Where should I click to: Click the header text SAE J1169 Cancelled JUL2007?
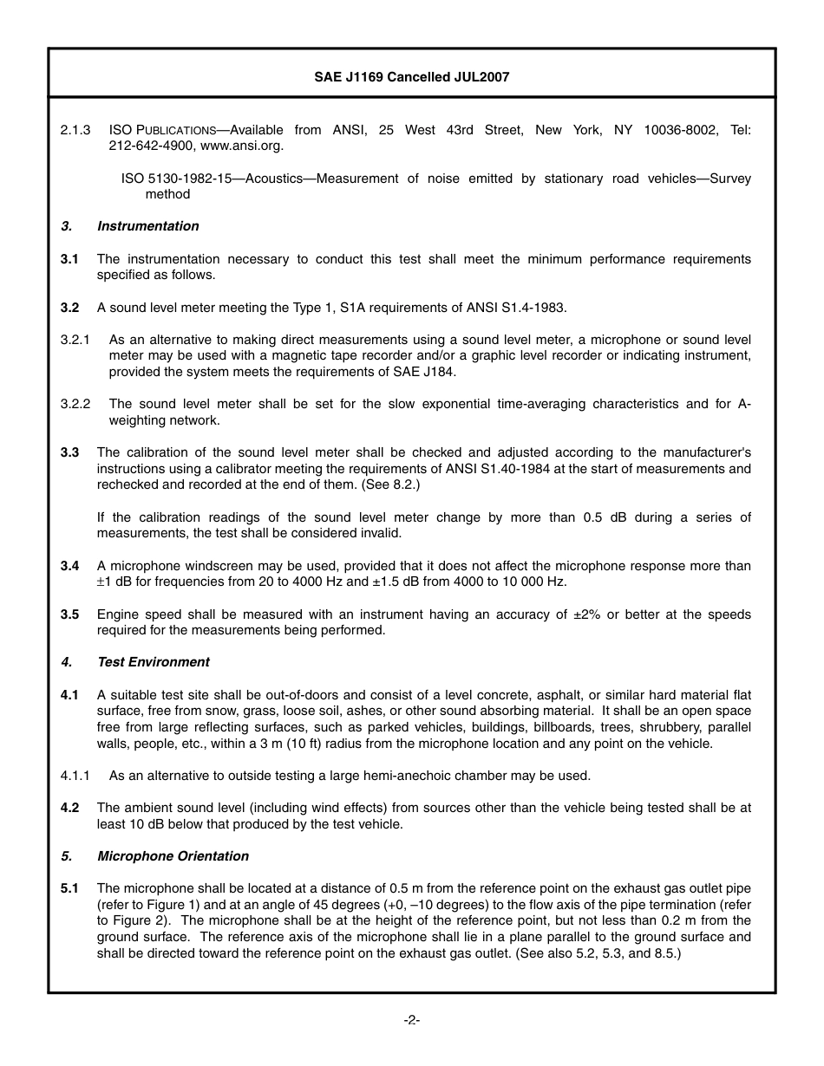411,77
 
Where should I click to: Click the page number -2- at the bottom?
412,1020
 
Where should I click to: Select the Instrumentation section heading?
147,226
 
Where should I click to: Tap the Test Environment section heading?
153,662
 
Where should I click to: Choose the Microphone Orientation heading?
173,856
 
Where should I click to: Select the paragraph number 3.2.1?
75,340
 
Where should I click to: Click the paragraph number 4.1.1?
75,776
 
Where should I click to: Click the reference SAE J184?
425,372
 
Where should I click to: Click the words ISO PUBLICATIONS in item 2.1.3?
162,130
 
